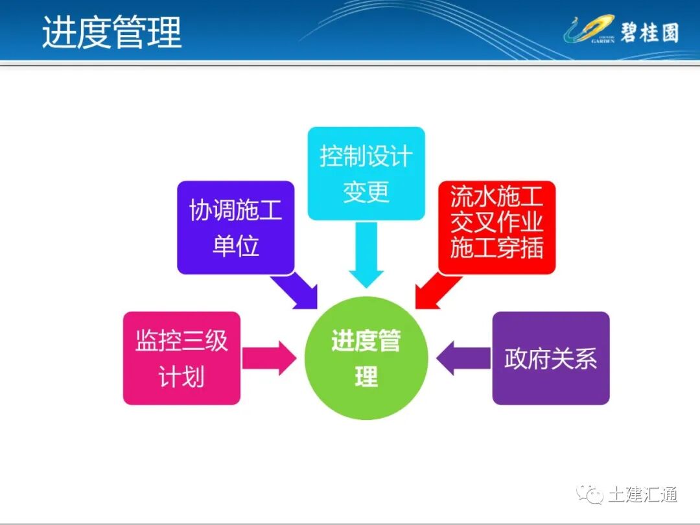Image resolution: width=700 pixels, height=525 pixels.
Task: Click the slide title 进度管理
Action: tap(111, 32)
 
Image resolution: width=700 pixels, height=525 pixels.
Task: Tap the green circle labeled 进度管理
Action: tap(366, 358)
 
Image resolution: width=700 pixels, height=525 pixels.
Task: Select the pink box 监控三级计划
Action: tap(181, 358)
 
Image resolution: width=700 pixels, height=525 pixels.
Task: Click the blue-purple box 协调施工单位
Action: tap(236, 227)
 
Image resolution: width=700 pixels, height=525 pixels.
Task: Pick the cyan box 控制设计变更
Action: tap(366, 174)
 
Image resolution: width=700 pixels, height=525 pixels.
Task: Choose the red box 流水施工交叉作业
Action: tap(496, 227)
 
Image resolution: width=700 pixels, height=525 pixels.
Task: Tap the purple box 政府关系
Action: tap(551, 358)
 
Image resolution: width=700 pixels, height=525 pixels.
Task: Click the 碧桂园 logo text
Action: tap(649, 32)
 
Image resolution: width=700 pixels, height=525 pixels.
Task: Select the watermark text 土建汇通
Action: tap(642, 495)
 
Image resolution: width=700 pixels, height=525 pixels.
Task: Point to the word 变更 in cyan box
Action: tap(366, 192)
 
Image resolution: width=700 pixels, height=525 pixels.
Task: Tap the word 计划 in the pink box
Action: tap(181, 377)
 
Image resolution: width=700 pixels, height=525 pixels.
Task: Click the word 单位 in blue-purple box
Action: tap(236, 246)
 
